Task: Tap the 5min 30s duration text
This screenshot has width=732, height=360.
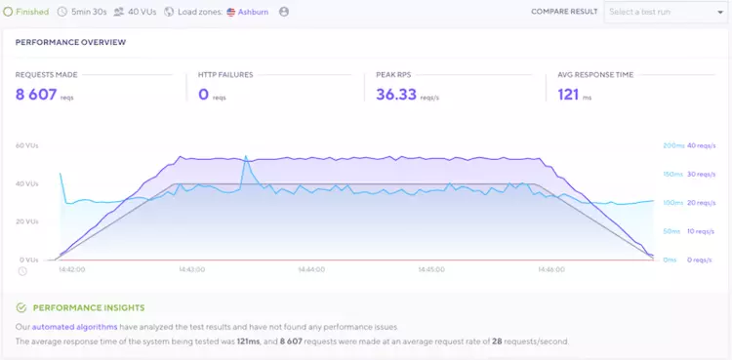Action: (x=89, y=12)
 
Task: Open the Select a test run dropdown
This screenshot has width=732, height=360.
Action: (x=663, y=12)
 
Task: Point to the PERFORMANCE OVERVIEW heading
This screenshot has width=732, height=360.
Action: (x=70, y=43)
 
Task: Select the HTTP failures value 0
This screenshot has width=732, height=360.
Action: (x=204, y=95)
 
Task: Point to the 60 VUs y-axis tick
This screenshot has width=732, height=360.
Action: (x=26, y=145)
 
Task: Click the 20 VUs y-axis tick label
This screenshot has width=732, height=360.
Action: (x=26, y=221)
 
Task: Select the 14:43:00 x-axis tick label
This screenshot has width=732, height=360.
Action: (x=191, y=268)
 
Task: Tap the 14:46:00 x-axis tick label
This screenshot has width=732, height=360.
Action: (x=551, y=268)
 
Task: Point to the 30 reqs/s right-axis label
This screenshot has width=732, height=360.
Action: (x=701, y=174)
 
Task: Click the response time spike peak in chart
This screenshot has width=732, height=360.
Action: (x=246, y=156)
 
